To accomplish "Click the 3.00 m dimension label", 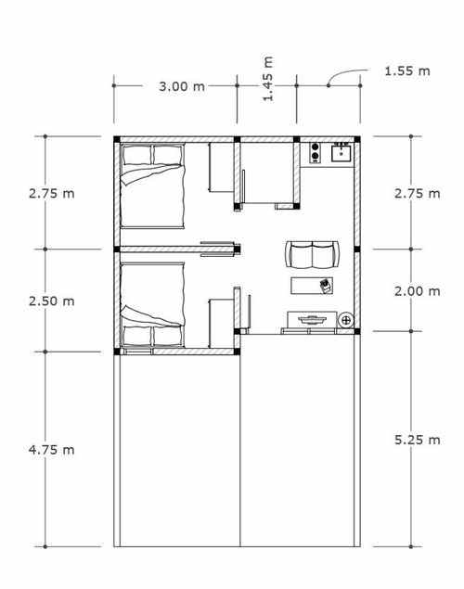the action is coord(182,86).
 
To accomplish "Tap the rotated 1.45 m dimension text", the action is coord(268,79).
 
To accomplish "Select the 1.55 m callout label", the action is coord(407,70).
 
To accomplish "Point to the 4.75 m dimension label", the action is coord(51,450).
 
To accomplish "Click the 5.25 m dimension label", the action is coord(418,440).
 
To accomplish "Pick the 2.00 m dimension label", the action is coord(418,290).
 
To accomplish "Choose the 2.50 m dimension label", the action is coord(51,301).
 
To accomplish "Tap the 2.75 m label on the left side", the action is coord(51,194).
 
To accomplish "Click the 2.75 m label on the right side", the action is coord(418,194).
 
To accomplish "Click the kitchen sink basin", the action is coord(342,153).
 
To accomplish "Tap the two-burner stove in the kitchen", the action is coord(316,152).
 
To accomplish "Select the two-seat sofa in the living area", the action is coord(312,255).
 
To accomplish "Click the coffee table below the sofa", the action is coord(312,286).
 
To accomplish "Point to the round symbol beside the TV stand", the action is coord(346,320).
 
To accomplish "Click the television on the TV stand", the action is coord(312,320).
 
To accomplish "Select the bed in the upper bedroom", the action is coord(152,186).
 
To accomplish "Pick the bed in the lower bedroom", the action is coord(152,304).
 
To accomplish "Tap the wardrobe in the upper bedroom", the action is coord(221,168).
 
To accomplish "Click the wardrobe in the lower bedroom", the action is coord(221,324).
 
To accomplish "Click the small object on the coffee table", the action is coord(326,286).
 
